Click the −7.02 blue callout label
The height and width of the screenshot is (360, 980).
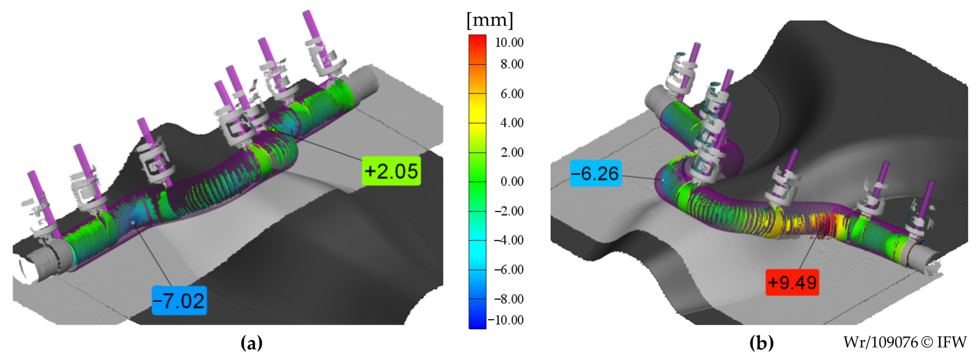coord(179,301)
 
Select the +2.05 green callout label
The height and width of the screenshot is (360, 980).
coord(391,171)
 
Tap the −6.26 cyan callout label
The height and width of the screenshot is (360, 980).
coord(596,174)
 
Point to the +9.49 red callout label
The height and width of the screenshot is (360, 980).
coord(792,282)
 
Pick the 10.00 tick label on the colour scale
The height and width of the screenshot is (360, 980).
coord(509,42)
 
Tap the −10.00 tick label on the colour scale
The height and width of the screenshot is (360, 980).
coord(506,320)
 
